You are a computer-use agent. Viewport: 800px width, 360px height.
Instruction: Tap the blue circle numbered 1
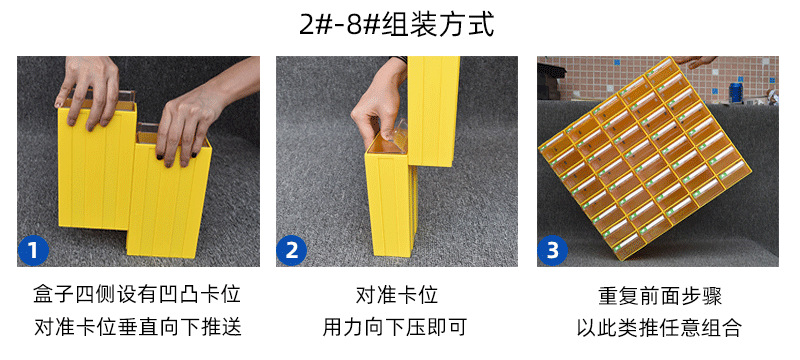pos(34,250)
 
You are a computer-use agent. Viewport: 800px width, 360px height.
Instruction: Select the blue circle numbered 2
pos(292,250)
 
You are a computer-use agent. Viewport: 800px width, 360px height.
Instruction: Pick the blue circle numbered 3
pos(553,250)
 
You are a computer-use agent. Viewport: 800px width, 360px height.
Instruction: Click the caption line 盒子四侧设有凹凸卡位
pos(138,295)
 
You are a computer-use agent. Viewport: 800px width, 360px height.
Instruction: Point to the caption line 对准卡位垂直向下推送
pos(138,327)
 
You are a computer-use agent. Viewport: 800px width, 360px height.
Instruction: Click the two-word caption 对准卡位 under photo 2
pos(397,295)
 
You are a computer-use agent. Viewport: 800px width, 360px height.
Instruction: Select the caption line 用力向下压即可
pos(397,327)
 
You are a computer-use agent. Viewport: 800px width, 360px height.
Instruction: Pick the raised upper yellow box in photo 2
pos(433,100)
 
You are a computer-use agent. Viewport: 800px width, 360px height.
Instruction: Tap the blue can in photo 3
pos(737,93)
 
